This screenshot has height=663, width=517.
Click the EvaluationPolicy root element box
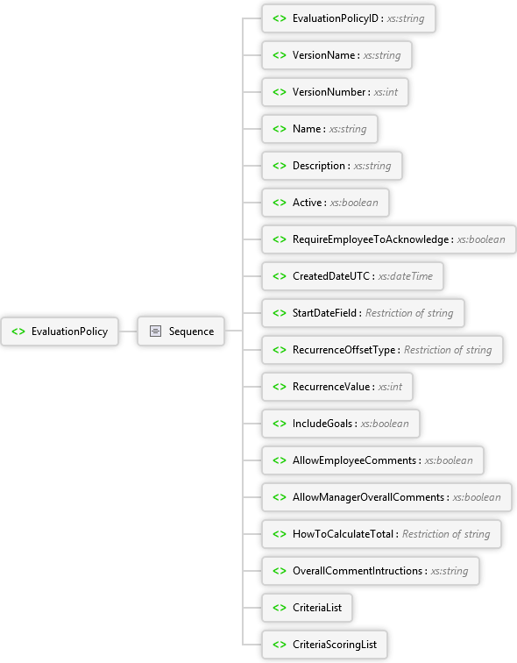(60, 331)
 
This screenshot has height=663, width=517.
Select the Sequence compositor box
(181, 331)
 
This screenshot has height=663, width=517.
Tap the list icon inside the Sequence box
(155, 331)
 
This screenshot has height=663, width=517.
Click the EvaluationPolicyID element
(349, 18)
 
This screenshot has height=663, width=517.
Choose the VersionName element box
(336, 55)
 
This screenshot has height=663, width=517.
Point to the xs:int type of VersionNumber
(386, 92)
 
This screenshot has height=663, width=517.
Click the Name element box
(320, 129)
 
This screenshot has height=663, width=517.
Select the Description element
(332, 166)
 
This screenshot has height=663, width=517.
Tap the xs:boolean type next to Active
(354, 203)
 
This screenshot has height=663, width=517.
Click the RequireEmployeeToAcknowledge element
(389, 239)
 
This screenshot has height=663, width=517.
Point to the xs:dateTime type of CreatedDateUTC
(406, 276)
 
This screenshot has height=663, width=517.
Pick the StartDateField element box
(364, 313)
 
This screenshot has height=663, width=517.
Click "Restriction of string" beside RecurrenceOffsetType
(448, 350)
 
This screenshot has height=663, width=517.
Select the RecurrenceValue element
(337, 387)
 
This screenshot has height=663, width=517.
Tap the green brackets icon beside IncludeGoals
(280, 424)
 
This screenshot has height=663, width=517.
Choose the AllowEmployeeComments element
(372, 460)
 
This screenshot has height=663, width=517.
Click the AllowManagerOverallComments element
(387, 497)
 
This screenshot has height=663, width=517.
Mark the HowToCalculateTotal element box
(382, 534)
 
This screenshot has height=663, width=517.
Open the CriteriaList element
(307, 608)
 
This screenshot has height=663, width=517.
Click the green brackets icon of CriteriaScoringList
(280, 645)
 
